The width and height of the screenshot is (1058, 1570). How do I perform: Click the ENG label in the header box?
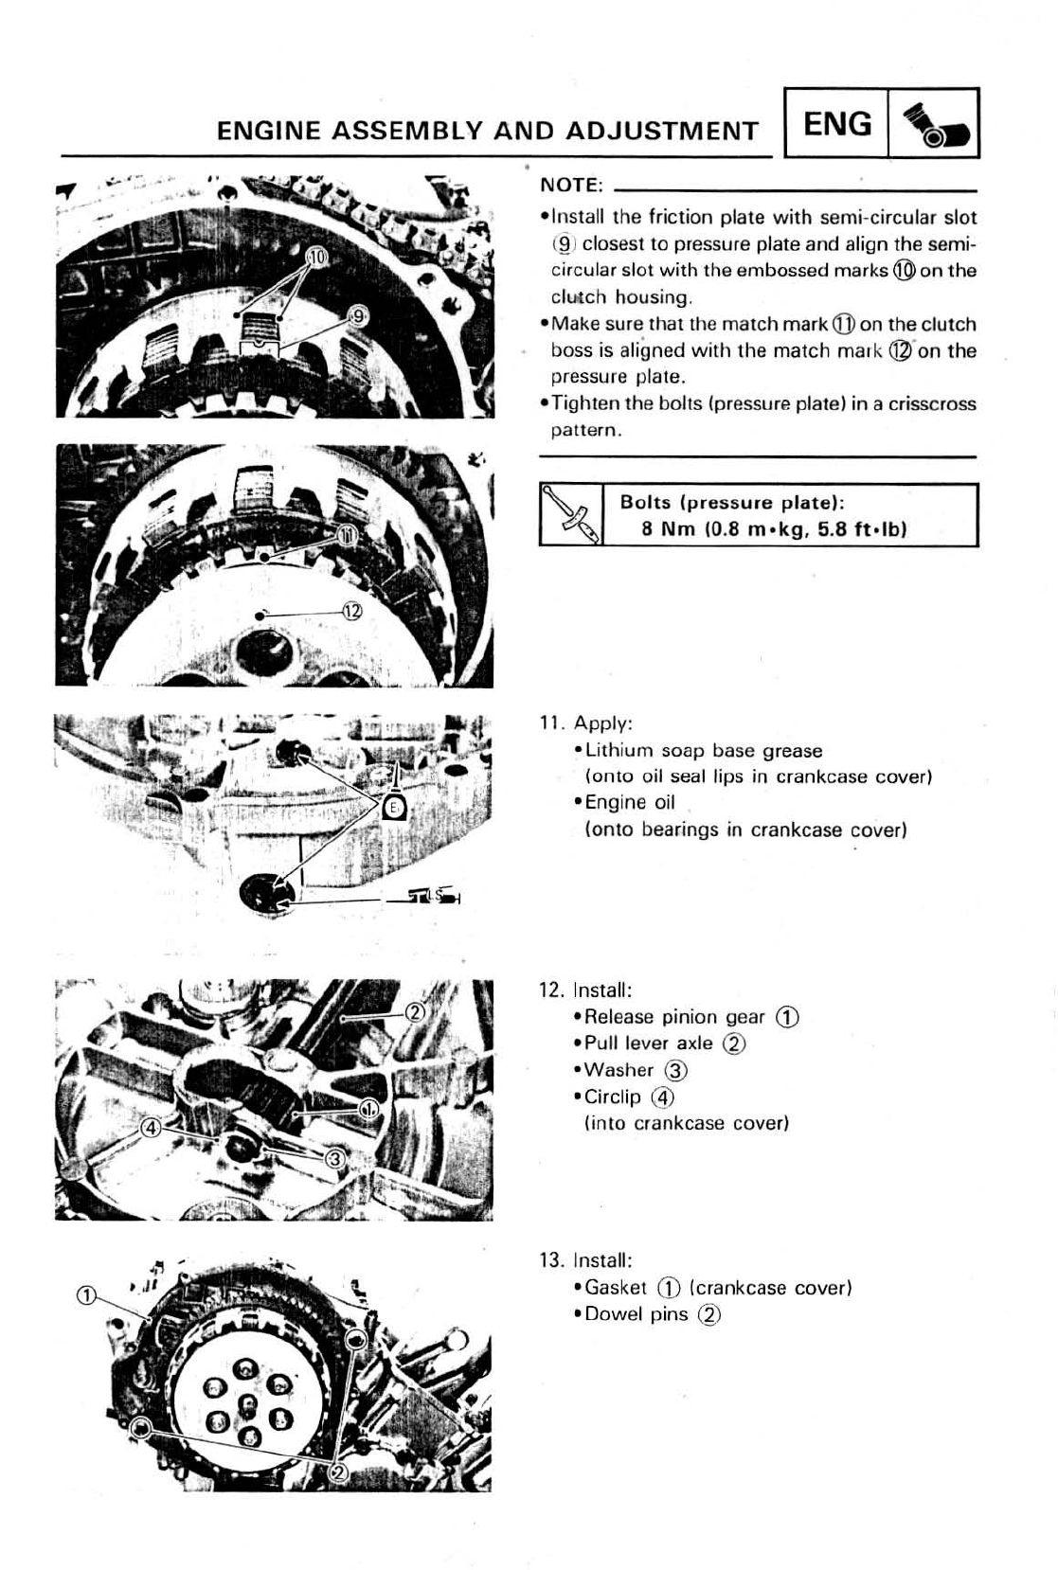pyautogui.click(x=836, y=124)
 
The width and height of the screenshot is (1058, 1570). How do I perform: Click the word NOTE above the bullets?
pyautogui.click(x=570, y=185)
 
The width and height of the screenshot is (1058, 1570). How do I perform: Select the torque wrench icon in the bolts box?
pyautogui.click(x=571, y=515)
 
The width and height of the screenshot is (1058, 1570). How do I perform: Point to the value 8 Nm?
pyautogui.click(x=668, y=528)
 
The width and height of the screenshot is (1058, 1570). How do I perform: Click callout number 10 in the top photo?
pyautogui.click(x=316, y=258)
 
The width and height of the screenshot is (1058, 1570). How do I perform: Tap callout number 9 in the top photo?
pyautogui.click(x=358, y=315)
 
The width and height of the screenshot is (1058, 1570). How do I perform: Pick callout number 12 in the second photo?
pyautogui.click(x=351, y=612)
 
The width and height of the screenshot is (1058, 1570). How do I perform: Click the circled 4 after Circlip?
pyautogui.click(x=663, y=1097)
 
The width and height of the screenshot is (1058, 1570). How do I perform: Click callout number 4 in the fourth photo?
pyautogui.click(x=150, y=1128)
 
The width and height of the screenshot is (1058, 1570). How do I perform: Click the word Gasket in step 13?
pyautogui.click(x=616, y=1288)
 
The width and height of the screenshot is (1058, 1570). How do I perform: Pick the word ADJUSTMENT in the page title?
pyautogui.click(x=662, y=131)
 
